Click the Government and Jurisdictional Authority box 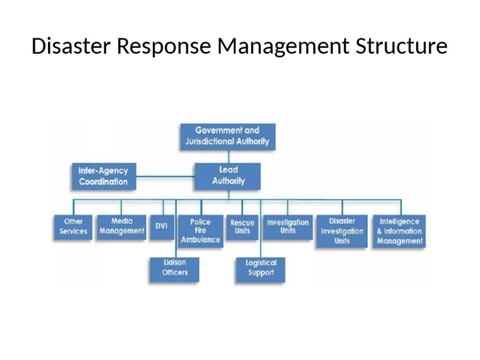coord(227,136)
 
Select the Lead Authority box coord(227,176)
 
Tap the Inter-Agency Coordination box coord(103,176)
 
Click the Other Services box coord(73,226)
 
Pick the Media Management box coord(121,226)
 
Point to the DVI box coord(161,226)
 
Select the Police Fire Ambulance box coord(200,231)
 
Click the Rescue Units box coord(242,227)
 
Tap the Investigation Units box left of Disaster coord(287,227)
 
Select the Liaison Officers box coord(174,268)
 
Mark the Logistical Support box coord(261,268)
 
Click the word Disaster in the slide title coord(69,46)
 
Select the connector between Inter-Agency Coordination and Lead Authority coord(165,176)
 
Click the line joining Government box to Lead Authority coord(228,156)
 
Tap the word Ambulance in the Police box coord(200,239)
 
